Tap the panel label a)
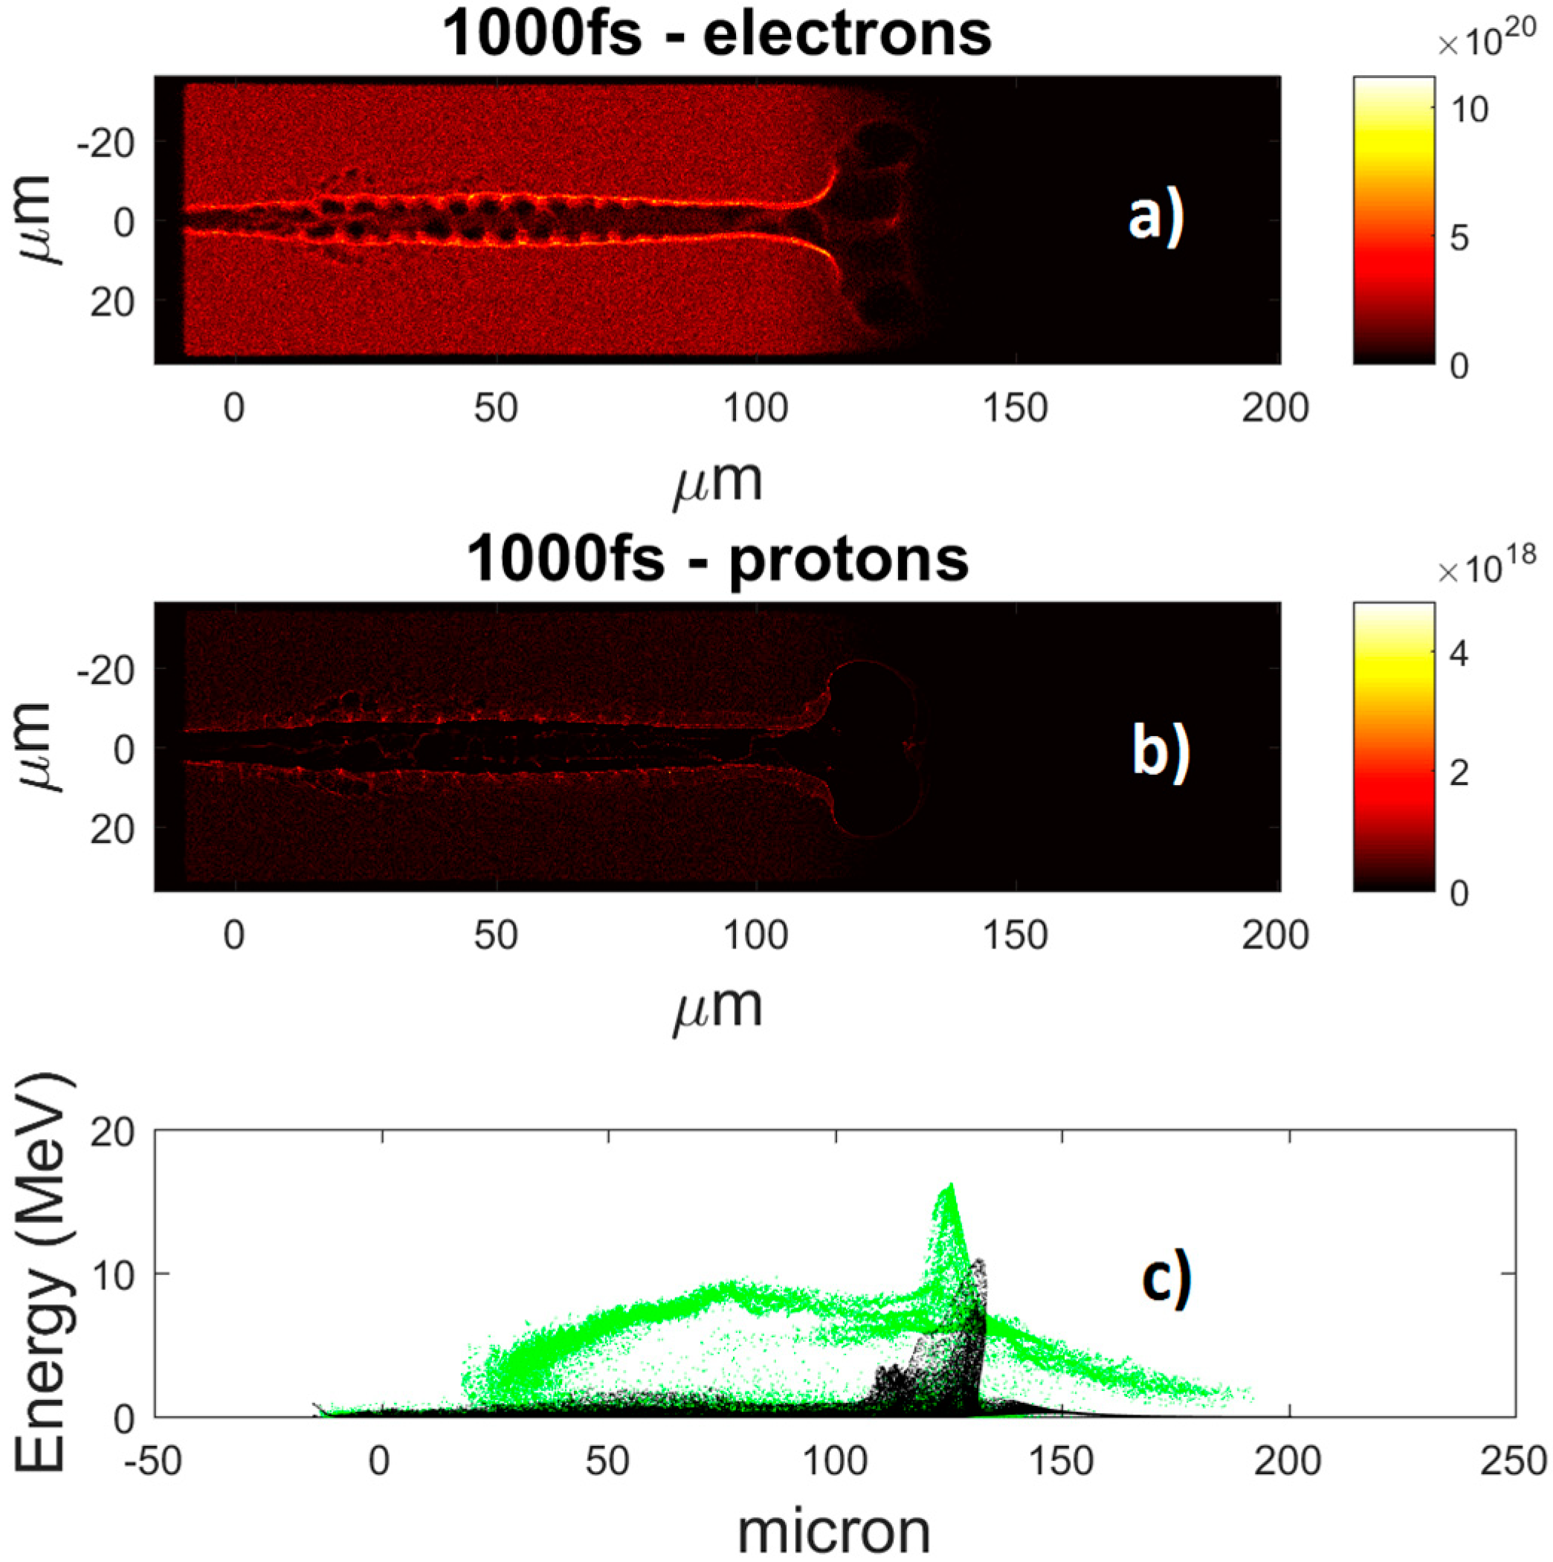pyautogui.click(x=1156, y=219)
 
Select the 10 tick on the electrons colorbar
pyautogui.click(x=1468, y=109)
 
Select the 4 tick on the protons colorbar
pyautogui.click(x=1459, y=653)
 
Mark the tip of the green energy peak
pyautogui.click(x=952, y=1185)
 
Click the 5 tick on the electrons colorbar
pyautogui.click(x=1459, y=239)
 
